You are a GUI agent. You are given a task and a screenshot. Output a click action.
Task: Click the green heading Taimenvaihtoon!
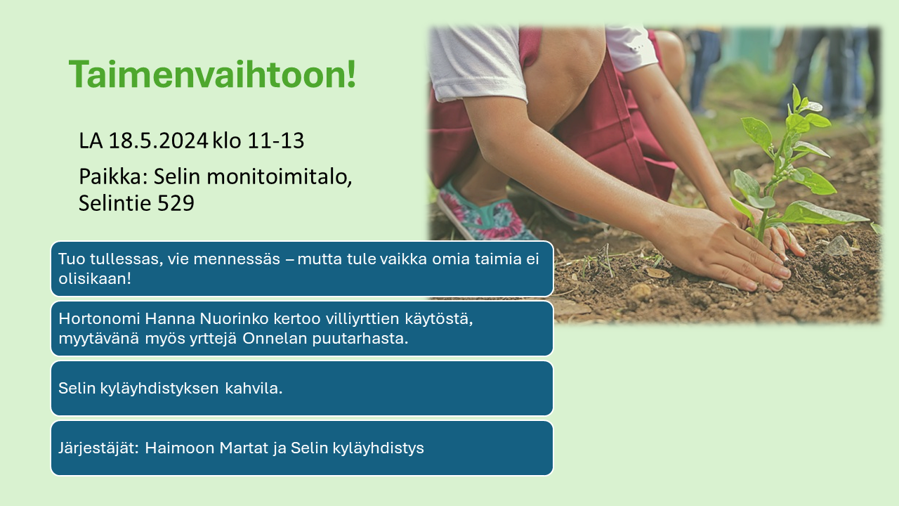(x=212, y=74)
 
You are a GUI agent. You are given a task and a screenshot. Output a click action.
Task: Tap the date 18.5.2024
(x=158, y=141)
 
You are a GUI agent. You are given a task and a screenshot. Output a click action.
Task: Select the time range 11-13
(x=276, y=141)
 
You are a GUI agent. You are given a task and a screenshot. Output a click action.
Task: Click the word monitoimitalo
(x=280, y=176)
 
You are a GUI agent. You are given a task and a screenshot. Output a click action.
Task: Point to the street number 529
(x=176, y=203)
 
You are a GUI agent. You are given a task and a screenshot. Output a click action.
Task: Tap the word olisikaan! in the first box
(x=95, y=278)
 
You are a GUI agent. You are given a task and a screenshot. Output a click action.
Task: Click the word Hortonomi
(x=99, y=318)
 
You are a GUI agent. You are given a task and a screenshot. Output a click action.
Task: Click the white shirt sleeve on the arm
(x=478, y=64)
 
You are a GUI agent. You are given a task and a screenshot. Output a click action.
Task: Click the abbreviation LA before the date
(x=91, y=141)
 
